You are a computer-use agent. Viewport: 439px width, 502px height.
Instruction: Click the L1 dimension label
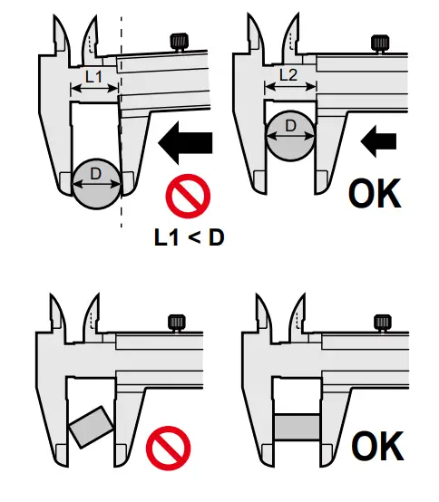93,78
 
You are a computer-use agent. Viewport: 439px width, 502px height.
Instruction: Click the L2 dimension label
288,78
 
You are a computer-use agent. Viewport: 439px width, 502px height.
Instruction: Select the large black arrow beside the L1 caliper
185,141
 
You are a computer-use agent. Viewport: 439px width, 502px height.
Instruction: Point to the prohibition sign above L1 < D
187,197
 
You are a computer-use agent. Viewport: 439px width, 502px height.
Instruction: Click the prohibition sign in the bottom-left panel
170,448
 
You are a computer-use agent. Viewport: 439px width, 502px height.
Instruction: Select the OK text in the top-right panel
376,192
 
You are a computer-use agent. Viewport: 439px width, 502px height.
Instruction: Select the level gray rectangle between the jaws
298,427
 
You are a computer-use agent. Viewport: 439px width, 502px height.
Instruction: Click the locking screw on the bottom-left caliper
175,321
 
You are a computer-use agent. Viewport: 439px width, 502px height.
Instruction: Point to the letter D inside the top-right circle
291,126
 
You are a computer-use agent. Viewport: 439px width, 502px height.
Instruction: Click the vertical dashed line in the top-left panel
122,136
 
